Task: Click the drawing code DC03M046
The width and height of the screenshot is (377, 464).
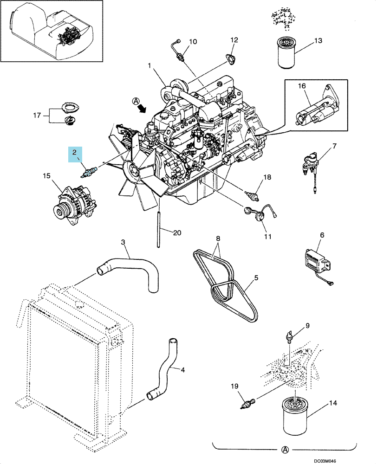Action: pos(325,461)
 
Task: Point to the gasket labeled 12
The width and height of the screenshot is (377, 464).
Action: pos(229,58)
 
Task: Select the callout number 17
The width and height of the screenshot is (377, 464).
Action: pos(37,116)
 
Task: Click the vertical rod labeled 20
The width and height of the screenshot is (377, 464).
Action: pos(159,228)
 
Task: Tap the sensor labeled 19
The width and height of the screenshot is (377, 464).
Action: pos(247,404)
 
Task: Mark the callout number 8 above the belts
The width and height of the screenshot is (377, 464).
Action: pos(218,238)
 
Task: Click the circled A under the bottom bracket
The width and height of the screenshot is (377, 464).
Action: pos(285,450)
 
